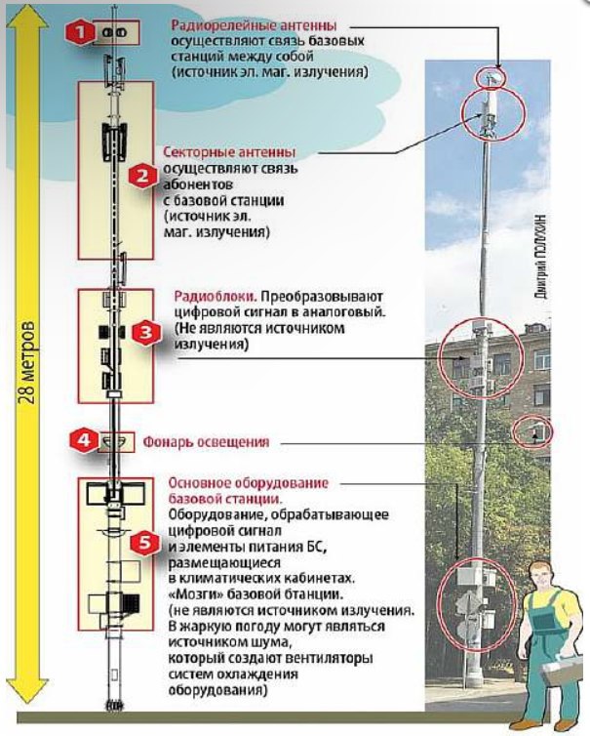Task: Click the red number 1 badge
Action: pyautogui.click(x=81, y=32)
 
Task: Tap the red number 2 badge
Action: pyautogui.click(x=142, y=176)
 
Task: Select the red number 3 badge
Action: pyautogui.click(x=144, y=333)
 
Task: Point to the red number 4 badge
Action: pyautogui.click(x=84, y=440)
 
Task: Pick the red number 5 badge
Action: pyautogui.click(x=144, y=544)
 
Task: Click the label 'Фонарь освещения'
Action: pyautogui.click(x=207, y=440)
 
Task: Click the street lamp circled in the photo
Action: pyautogui.click(x=534, y=430)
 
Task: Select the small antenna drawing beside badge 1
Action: pyautogui.click(x=114, y=32)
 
